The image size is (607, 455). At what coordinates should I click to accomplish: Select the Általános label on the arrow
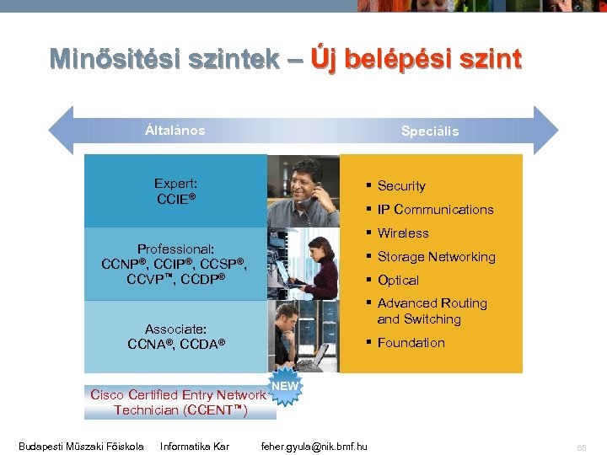pos(175,131)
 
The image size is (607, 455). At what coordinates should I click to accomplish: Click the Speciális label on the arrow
pos(430,131)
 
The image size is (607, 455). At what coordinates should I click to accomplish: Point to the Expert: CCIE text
pos(176,191)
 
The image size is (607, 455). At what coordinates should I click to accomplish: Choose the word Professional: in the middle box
pos(176,249)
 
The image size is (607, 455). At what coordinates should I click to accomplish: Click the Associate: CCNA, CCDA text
pos(176,336)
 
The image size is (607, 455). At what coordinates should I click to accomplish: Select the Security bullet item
pos(401,186)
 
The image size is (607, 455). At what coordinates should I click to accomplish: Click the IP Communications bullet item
pos(435,210)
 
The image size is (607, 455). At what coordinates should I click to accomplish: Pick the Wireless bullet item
pos(403,233)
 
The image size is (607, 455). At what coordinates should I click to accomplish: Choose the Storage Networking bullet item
pos(436,257)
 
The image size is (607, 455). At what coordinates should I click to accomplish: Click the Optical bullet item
pos(398,281)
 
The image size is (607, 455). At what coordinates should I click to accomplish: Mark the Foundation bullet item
pos(411,343)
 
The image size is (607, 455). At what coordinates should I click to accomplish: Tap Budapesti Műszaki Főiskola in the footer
pos(81,446)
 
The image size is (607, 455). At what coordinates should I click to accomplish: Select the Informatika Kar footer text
pos(195,446)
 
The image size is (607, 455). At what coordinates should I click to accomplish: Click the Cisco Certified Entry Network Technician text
pos(179,402)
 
